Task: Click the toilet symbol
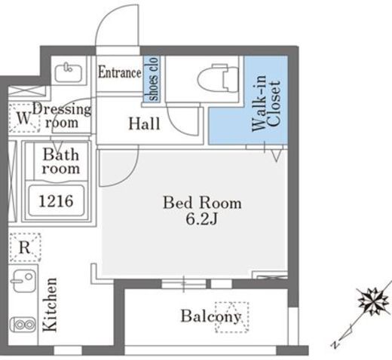point(218,78)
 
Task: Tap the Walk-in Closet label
point(266,103)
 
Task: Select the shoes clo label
point(152,79)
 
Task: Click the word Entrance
point(120,72)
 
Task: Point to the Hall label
point(144,124)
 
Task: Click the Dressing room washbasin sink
point(68,72)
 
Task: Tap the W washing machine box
point(24,117)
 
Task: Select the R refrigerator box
point(25,248)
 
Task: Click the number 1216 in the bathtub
point(57,201)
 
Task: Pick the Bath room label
point(61,161)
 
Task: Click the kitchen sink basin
point(23,281)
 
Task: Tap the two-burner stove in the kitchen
point(23,325)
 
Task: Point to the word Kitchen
point(50,304)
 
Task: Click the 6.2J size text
point(201,219)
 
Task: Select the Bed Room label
point(202,203)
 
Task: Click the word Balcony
point(211,316)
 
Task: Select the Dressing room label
point(62,116)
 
